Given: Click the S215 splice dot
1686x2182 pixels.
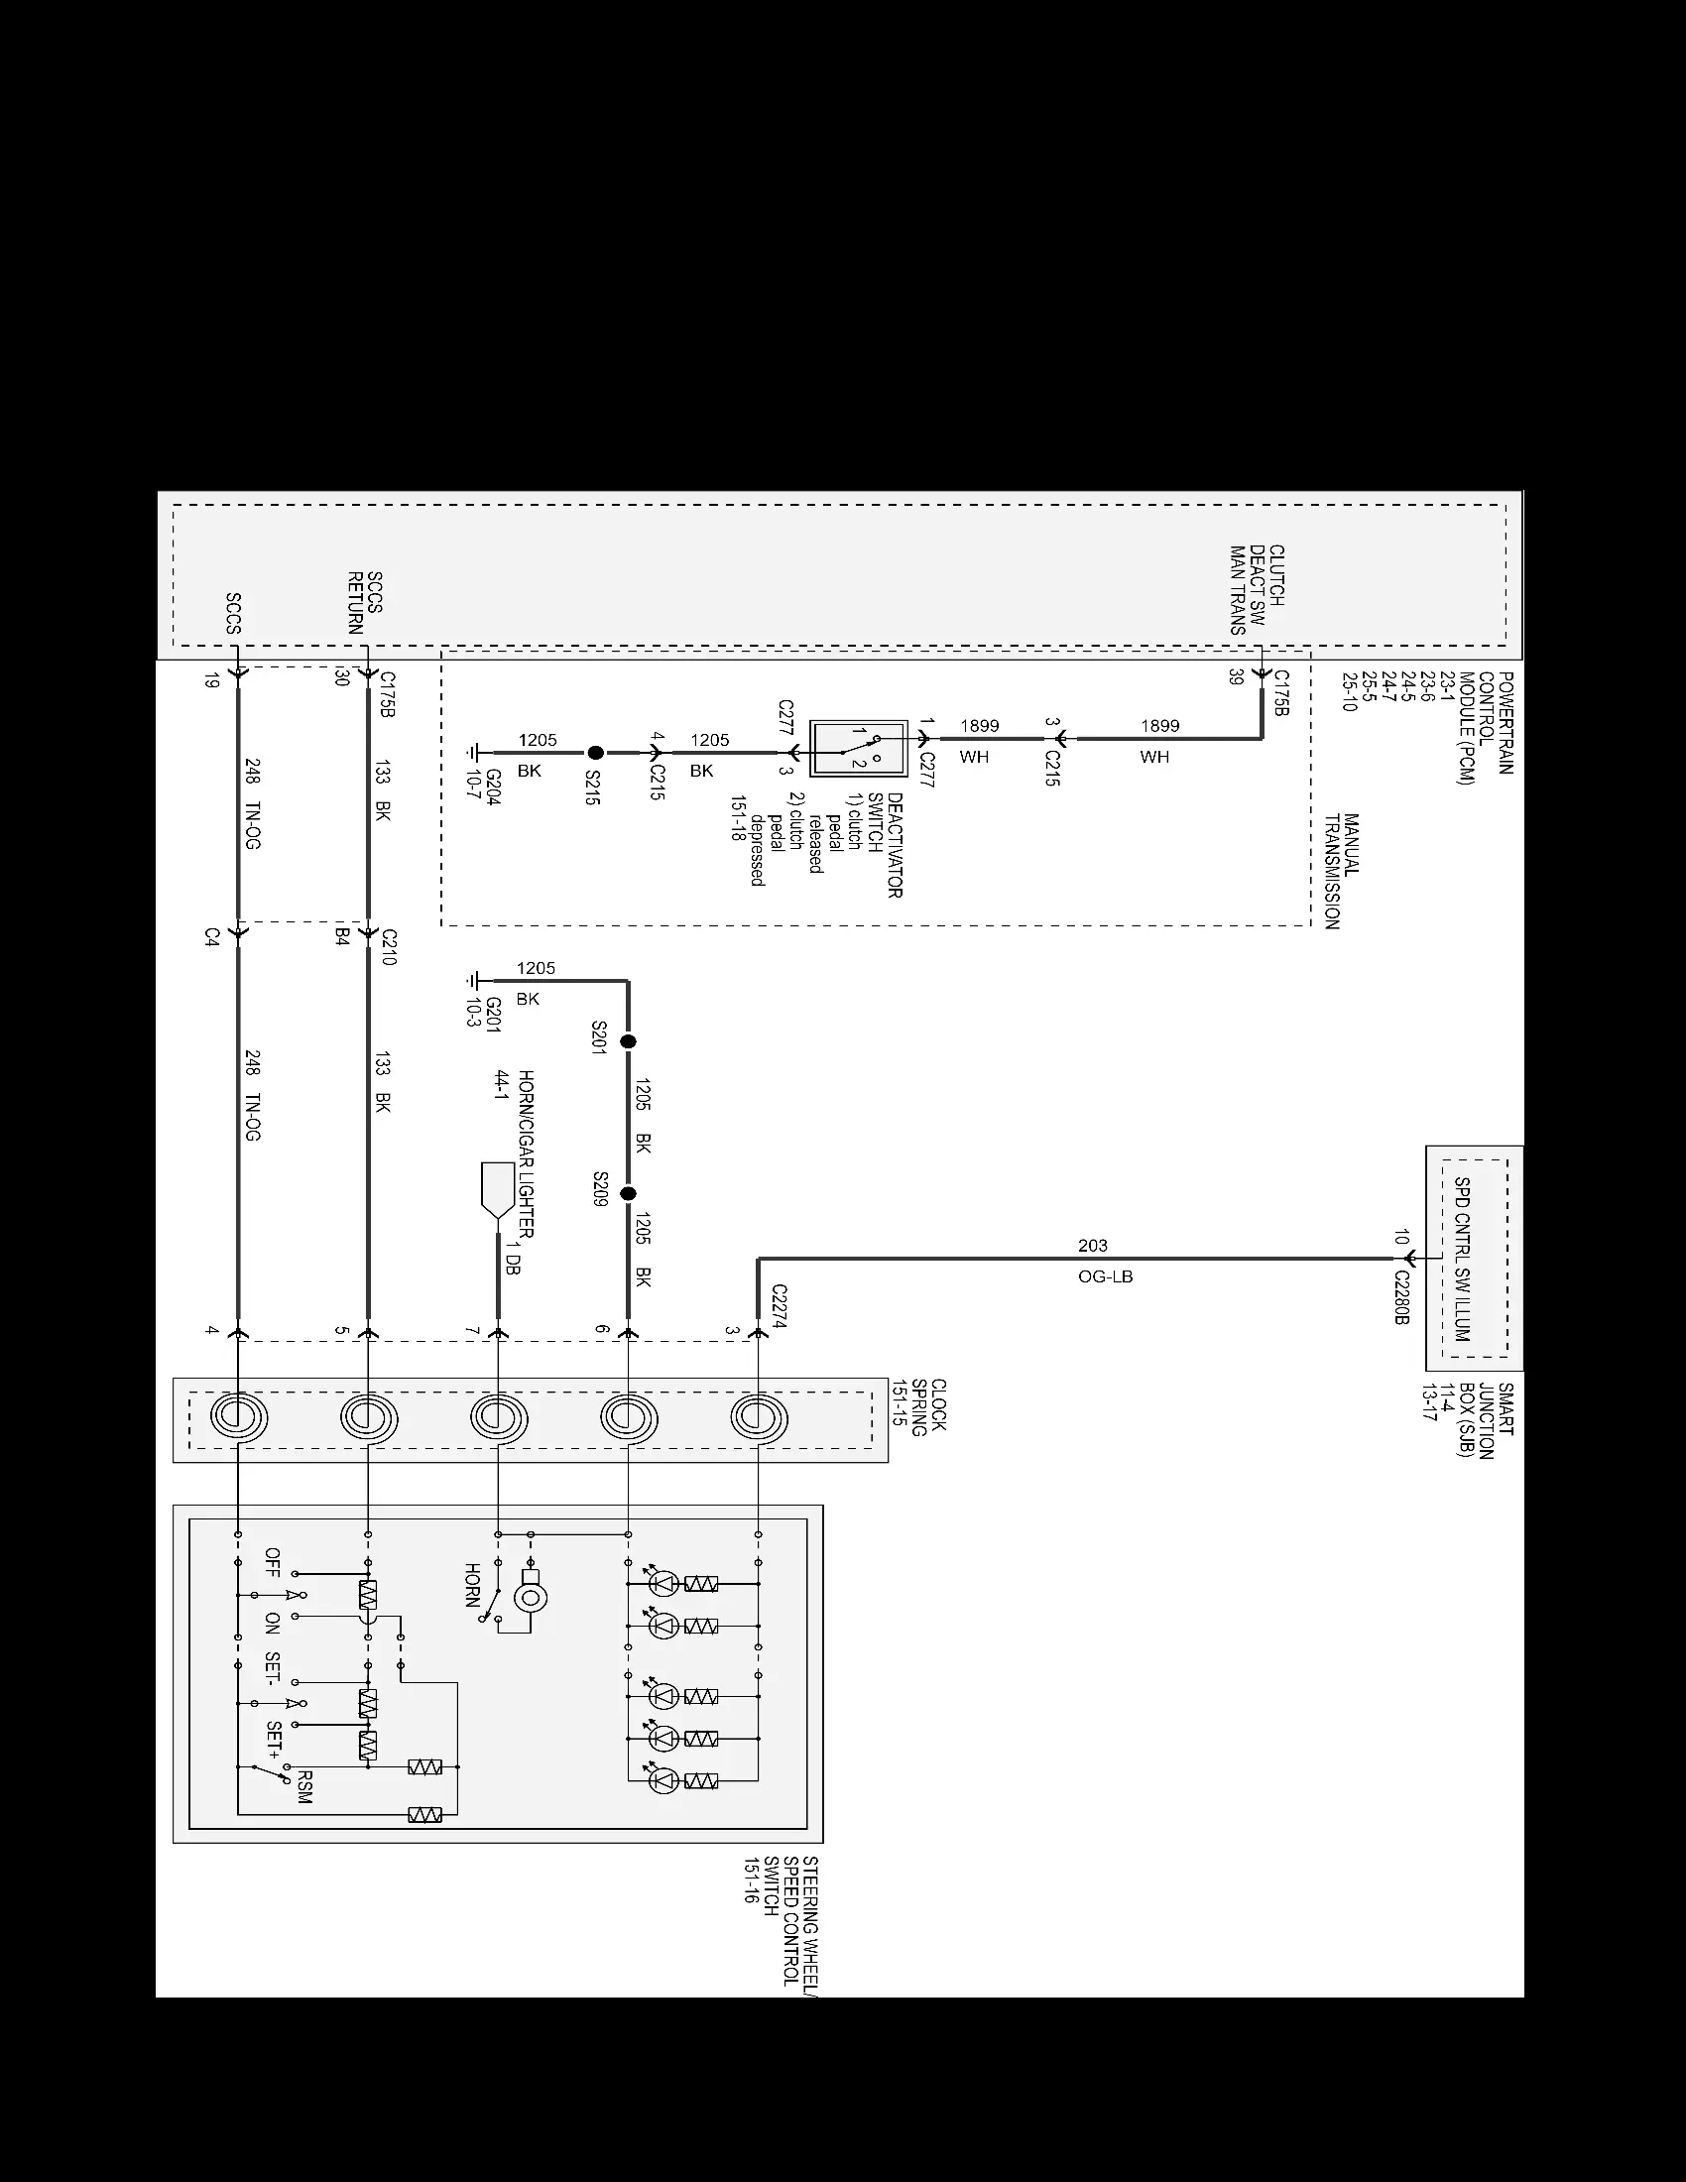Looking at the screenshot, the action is (x=595, y=754).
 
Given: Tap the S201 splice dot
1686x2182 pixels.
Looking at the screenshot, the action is (x=628, y=1041).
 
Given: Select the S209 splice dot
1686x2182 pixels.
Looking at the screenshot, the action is (x=628, y=1194).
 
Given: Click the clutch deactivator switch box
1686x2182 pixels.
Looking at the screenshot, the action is (x=858, y=747).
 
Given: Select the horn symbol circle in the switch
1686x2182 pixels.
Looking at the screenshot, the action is (x=531, y=1597).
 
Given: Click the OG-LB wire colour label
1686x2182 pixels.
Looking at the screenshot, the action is (x=1106, y=1276).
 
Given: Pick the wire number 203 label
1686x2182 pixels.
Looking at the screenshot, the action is (x=1093, y=1245).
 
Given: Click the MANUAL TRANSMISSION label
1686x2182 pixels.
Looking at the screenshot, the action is (x=1342, y=871).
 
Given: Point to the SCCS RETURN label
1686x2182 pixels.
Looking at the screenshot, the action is (x=366, y=602).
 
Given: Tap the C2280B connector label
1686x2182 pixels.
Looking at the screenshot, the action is (x=1401, y=1298).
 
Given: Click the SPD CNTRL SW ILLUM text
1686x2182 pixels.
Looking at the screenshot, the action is (x=1462, y=1259).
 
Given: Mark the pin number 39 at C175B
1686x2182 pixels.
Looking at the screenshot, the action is (x=1237, y=676).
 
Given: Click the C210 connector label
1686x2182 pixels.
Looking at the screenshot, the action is (x=390, y=946).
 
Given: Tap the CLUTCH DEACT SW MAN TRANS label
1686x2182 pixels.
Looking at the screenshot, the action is (x=1257, y=589).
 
